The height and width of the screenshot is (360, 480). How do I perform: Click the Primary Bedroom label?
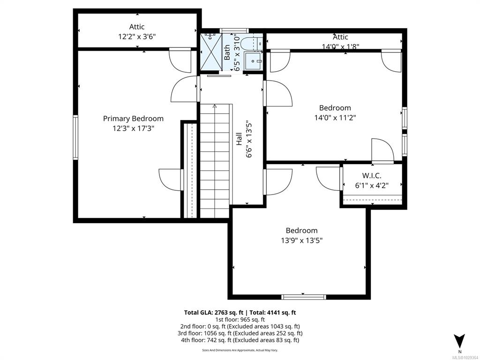pyautogui.click(x=133, y=119)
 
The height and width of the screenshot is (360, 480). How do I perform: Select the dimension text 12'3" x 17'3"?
pyautogui.click(x=133, y=128)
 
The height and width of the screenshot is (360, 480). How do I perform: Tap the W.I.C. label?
pyautogui.click(x=372, y=176)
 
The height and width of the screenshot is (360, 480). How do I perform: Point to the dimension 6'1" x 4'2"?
pyautogui.click(x=372, y=185)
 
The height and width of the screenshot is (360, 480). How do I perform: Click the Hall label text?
pyautogui.click(x=239, y=139)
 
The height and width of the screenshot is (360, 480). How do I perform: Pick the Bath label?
pyautogui.click(x=227, y=52)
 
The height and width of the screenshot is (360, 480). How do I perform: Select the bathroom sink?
pyautogui.click(x=253, y=61)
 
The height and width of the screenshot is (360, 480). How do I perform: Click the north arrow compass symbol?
pyautogui.click(x=459, y=341)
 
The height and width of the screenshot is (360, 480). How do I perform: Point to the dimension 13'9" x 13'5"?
pyautogui.click(x=302, y=240)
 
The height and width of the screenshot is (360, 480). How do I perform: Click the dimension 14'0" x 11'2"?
pyautogui.click(x=335, y=118)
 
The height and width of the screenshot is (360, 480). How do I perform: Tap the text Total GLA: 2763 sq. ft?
pyautogui.click(x=213, y=313)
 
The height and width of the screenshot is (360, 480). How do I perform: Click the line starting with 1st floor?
pyautogui.click(x=240, y=320)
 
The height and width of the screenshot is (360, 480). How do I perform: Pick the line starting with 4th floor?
pyautogui.click(x=240, y=340)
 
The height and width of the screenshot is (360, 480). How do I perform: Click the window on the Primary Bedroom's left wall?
pyautogui.click(x=75, y=137)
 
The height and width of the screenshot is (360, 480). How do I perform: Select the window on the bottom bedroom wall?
pyautogui.click(x=304, y=297)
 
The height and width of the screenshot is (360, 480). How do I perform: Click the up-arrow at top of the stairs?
pyautogui.click(x=215, y=106)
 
